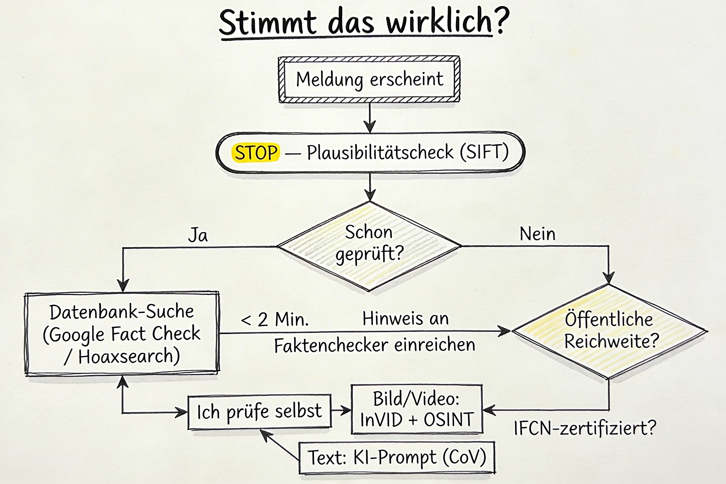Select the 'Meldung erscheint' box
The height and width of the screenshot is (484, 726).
369,79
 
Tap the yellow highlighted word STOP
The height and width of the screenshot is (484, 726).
256,152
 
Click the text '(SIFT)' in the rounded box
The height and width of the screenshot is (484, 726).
484,152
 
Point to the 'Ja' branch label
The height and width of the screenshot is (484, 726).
198,235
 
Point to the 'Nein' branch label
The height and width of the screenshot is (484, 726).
538,234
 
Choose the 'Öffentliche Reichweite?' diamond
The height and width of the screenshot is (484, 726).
609,331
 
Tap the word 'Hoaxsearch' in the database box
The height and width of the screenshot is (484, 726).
127,356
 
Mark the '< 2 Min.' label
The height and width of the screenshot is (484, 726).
275,319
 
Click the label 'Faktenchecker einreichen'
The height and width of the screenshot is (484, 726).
374,345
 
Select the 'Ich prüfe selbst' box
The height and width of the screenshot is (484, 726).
259,412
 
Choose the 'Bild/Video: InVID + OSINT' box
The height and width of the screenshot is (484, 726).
417,409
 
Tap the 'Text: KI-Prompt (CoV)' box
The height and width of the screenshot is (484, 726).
397,458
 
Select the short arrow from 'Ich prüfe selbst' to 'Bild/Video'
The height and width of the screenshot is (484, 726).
341,410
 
